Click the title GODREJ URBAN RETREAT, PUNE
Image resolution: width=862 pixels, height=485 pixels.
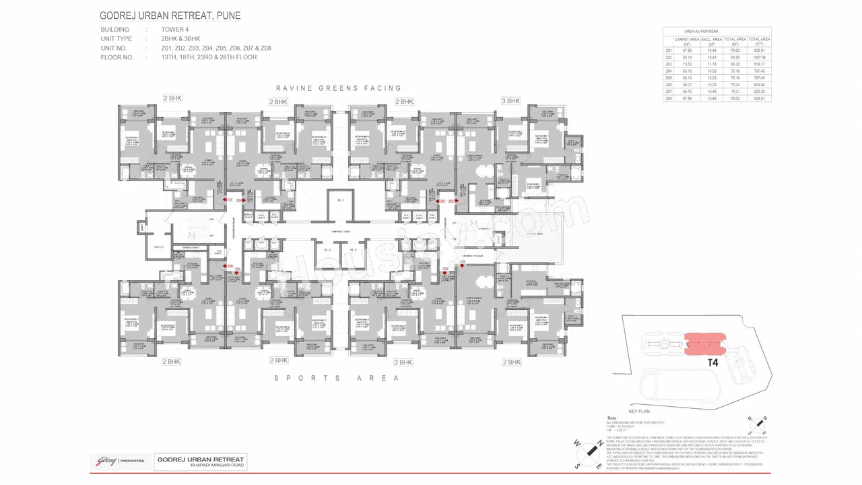click(x=170, y=15)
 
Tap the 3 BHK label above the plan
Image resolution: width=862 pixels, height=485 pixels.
click(x=510, y=101)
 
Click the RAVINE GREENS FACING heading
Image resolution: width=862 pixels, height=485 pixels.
click(x=338, y=88)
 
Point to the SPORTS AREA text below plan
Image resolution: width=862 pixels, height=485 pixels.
click(x=337, y=378)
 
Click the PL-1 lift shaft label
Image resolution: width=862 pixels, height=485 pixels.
click(x=341, y=201)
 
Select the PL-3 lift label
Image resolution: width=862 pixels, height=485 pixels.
click(x=328, y=250)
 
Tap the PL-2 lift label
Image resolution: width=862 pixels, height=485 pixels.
click(x=353, y=250)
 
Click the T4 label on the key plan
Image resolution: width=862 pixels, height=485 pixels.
click(x=713, y=362)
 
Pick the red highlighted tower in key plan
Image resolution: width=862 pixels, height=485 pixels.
click(x=704, y=344)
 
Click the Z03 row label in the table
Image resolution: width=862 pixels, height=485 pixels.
click(x=669, y=64)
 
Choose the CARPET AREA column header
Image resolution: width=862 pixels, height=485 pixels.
click(x=686, y=42)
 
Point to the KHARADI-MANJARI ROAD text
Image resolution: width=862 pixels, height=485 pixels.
click(x=200, y=466)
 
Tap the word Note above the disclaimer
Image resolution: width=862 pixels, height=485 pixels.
click(x=611, y=417)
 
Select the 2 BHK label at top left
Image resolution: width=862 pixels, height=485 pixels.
click(x=172, y=98)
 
